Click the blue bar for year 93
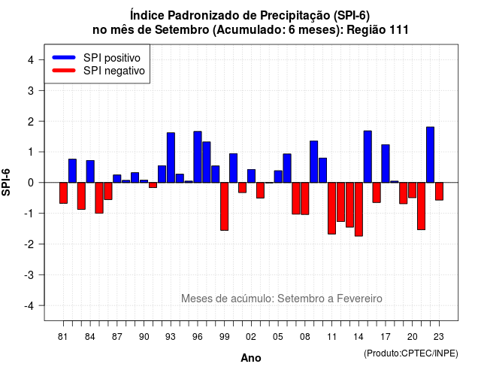171,157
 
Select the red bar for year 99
225,206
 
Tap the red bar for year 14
358,209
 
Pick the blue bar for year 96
198,157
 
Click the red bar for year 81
63,193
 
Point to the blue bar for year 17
386,164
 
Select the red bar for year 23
439,191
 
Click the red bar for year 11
332,208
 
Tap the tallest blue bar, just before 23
431,155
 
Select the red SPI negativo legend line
64,71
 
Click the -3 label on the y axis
29,275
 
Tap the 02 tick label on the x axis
251,337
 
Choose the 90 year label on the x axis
144,337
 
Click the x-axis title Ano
251,358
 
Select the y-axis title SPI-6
6,182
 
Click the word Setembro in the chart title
182,30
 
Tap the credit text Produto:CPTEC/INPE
411,353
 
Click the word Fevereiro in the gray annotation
359,299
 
